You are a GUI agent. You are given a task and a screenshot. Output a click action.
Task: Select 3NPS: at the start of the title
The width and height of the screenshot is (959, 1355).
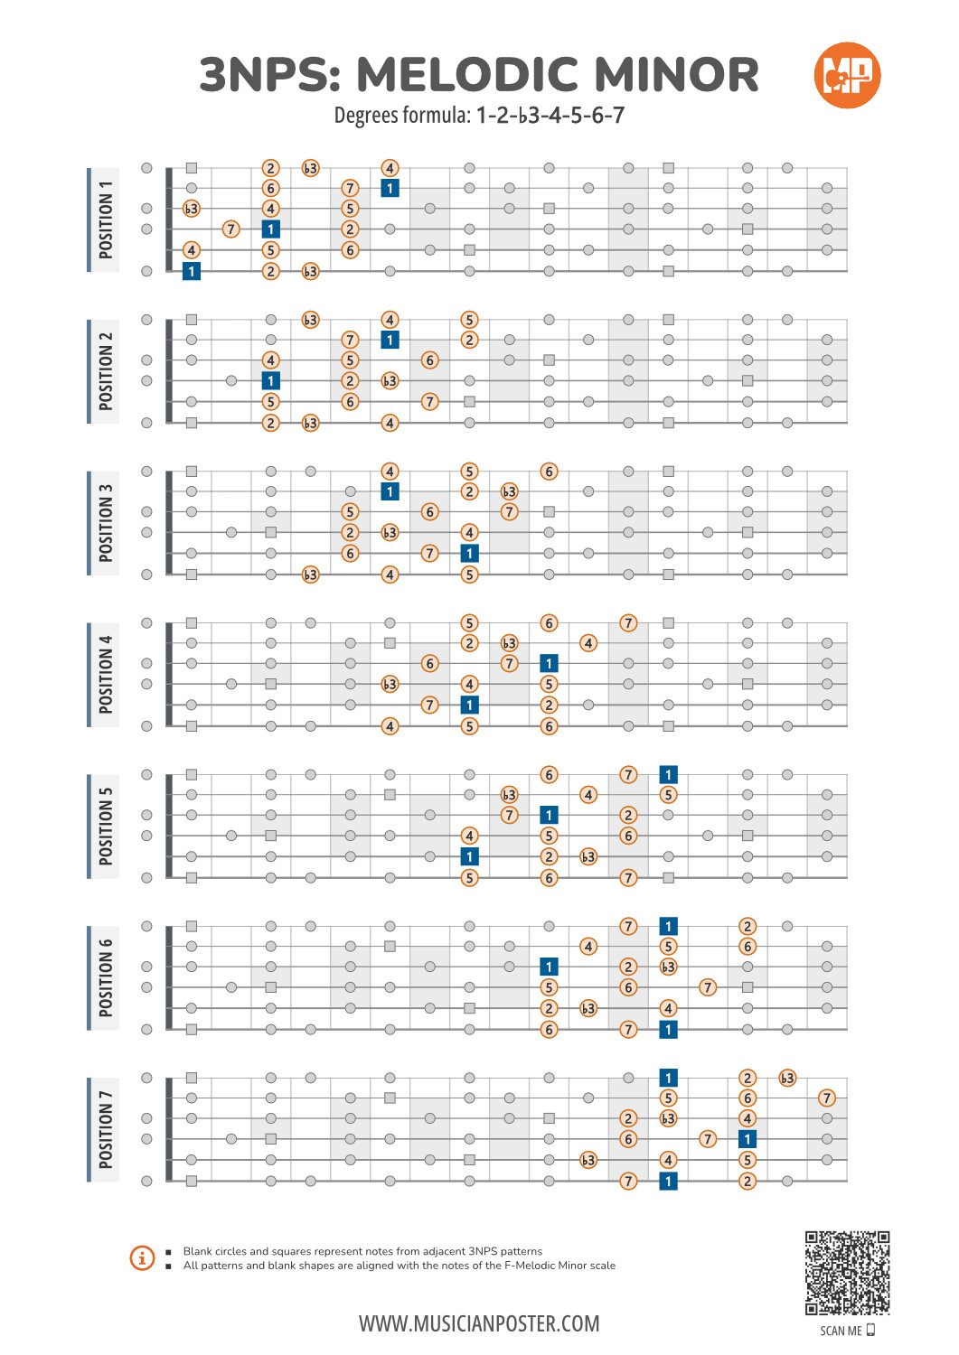[x=270, y=75]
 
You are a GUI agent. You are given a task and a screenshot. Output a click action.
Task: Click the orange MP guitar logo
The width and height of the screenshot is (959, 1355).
[x=847, y=75]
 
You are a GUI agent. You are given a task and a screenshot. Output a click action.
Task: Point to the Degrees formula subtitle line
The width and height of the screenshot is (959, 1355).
[x=479, y=116]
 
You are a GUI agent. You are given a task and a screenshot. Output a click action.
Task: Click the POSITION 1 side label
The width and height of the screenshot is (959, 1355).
[x=105, y=220]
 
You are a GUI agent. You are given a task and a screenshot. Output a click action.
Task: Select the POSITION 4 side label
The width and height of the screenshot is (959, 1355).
[x=105, y=675]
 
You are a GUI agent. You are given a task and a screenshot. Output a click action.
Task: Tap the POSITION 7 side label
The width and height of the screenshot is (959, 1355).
[x=105, y=1130]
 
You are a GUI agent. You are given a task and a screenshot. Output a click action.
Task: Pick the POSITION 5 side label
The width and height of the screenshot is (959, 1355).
[x=105, y=827]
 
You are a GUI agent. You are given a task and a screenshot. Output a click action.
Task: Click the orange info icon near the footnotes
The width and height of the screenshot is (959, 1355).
[x=142, y=1257]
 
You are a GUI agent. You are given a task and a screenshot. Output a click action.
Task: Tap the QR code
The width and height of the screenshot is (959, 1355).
[x=847, y=1272]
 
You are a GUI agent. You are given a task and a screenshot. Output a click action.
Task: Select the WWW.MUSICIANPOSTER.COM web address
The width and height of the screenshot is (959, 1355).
[x=479, y=1324]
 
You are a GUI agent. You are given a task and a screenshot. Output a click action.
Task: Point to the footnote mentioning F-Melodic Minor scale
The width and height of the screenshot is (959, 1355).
[x=399, y=1266]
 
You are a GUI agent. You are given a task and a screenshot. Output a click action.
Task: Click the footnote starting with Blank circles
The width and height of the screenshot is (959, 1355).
[x=362, y=1251]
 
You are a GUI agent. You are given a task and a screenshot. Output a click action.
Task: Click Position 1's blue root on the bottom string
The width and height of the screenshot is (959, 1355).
[x=192, y=271]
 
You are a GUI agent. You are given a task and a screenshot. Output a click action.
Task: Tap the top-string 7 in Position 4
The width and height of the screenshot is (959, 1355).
[x=628, y=623]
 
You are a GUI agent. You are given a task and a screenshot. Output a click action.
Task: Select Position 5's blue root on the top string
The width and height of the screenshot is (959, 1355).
[x=668, y=775]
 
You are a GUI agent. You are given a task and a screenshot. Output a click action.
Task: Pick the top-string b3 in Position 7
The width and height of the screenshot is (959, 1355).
[x=787, y=1079]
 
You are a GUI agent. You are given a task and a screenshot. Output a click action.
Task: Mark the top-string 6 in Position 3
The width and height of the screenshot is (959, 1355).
[x=549, y=472]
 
